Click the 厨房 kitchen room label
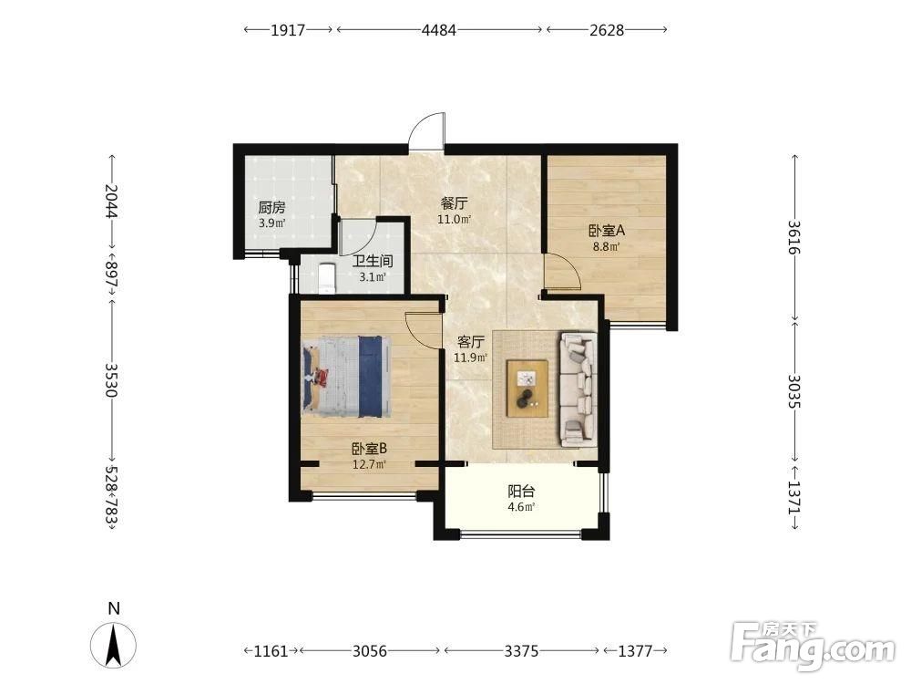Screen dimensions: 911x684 coord(271,207)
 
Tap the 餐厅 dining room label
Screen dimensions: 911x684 coord(454,203)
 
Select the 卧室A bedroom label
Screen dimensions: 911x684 coord(607,231)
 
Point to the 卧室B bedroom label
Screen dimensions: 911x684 coord(370,449)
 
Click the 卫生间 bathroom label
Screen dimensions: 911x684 coord(373,261)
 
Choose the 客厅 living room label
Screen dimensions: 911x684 coord(470,341)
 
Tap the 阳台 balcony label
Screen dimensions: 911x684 coord(521,491)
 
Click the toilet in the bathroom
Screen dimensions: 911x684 coord(328,278)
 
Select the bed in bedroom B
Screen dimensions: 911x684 coord(345,377)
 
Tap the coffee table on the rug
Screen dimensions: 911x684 coord(527,388)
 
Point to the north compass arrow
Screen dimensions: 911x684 coord(114,645)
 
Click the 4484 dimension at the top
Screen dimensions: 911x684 coord(439,30)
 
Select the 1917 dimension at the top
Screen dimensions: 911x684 coord(288,30)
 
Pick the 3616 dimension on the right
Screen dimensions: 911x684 coord(794,237)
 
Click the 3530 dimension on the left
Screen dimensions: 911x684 coord(111,379)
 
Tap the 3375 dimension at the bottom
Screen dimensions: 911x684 coord(521,650)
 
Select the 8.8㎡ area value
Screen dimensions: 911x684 coord(606,246)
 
